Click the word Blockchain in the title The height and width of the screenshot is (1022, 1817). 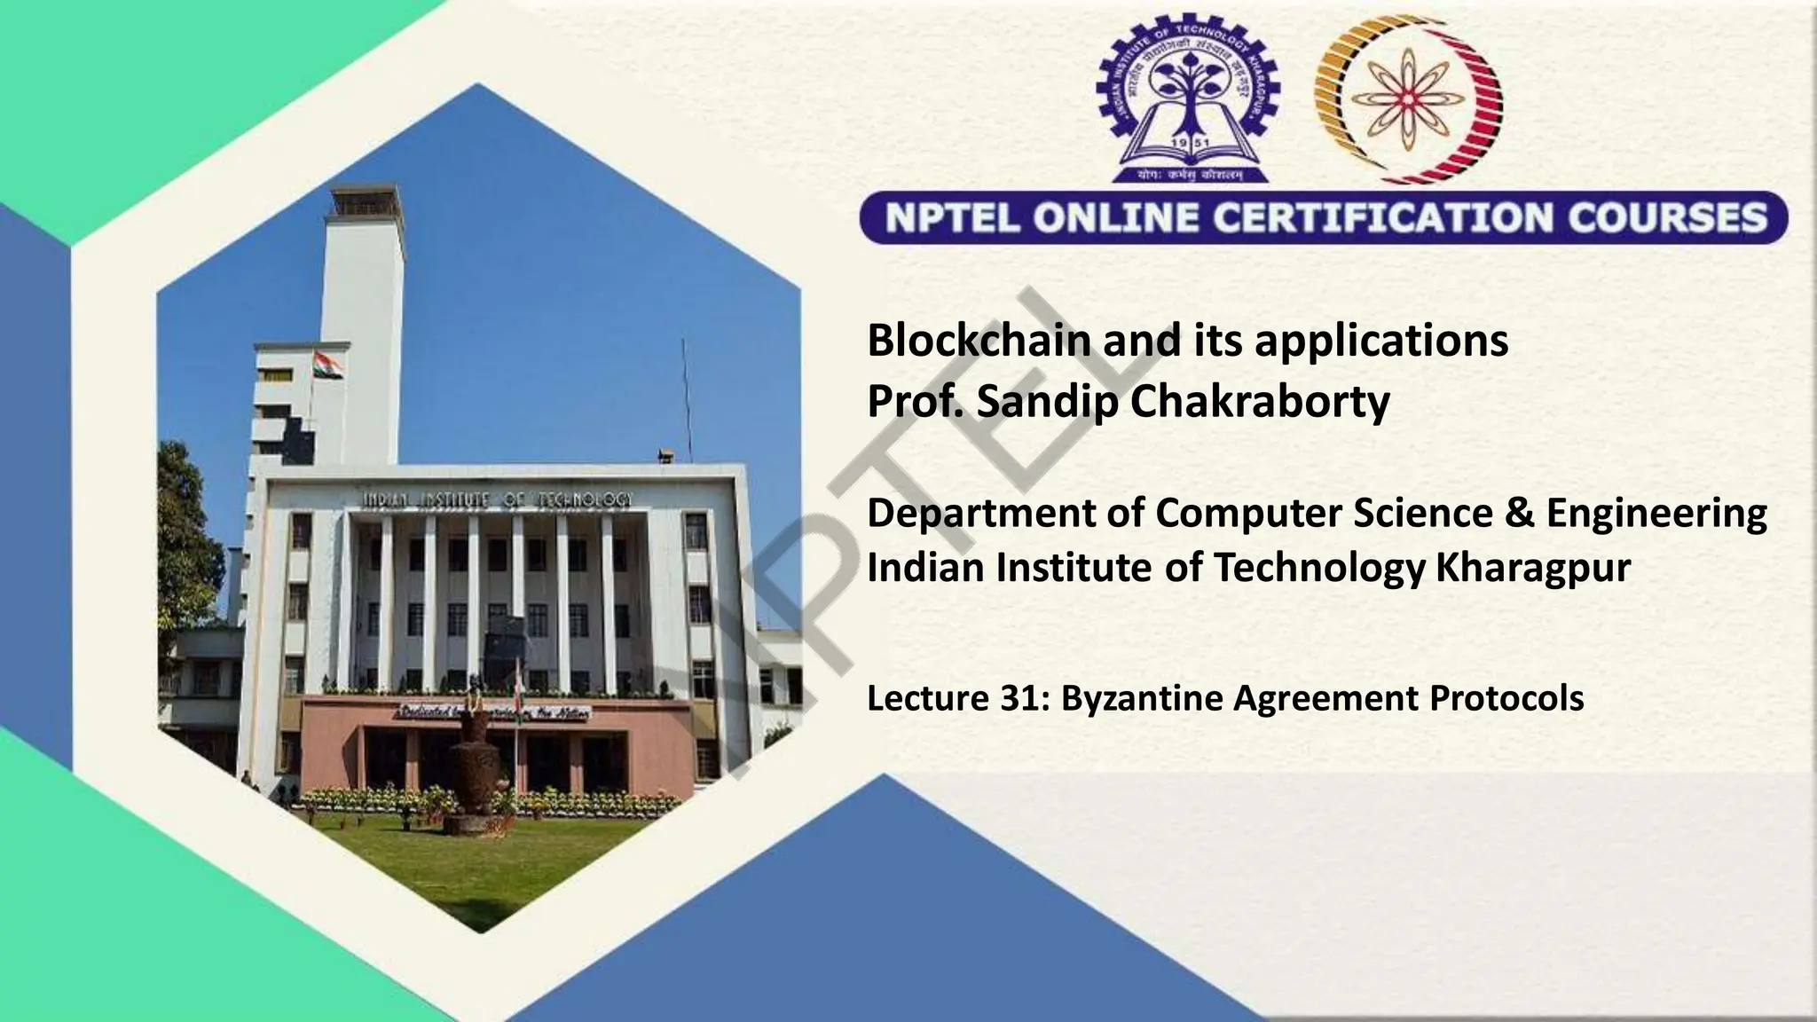pyautogui.click(x=979, y=341)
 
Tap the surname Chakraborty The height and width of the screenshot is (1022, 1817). pyautogui.click(x=1260, y=401)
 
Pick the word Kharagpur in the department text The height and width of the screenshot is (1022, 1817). pyautogui.click(x=1533, y=568)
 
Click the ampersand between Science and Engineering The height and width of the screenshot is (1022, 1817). pyautogui.click(x=1519, y=514)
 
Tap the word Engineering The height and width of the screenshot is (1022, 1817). pyautogui.click(x=1656, y=514)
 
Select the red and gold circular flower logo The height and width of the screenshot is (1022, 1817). pyautogui.click(x=1408, y=97)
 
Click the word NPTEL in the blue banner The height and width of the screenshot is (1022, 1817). pyautogui.click(x=950, y=218)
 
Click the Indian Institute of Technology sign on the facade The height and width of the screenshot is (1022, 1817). pyautogui.click(x=498, y=499)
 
